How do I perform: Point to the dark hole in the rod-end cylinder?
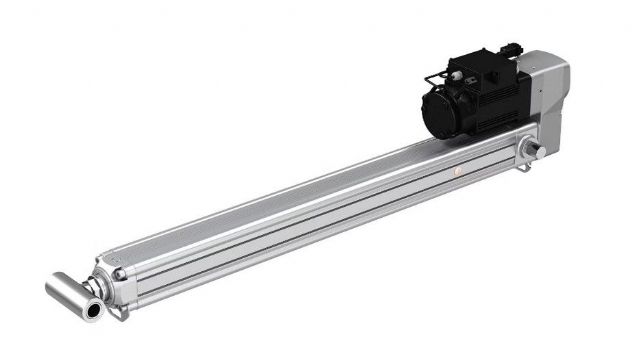coord(94,311)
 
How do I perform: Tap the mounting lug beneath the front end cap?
coord(118,313)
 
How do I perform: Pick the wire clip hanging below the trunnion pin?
coord(524,166)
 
